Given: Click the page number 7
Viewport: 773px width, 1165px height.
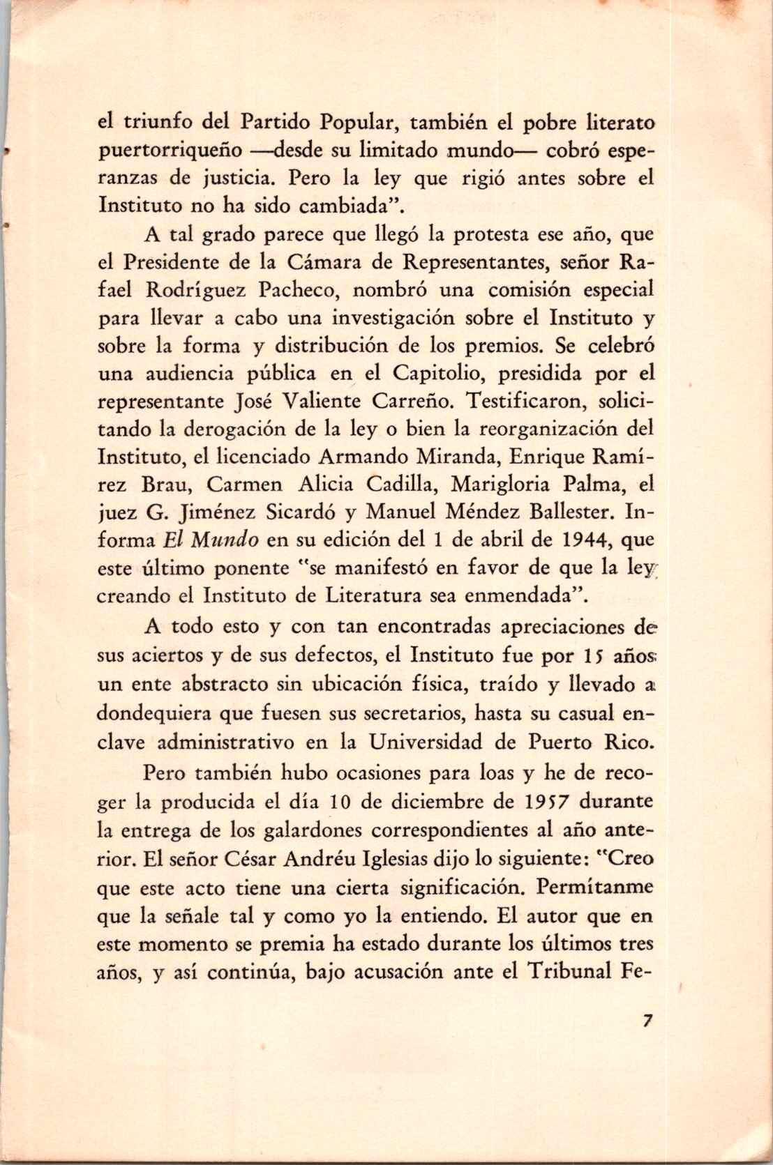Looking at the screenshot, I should (x=648, y=1020).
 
